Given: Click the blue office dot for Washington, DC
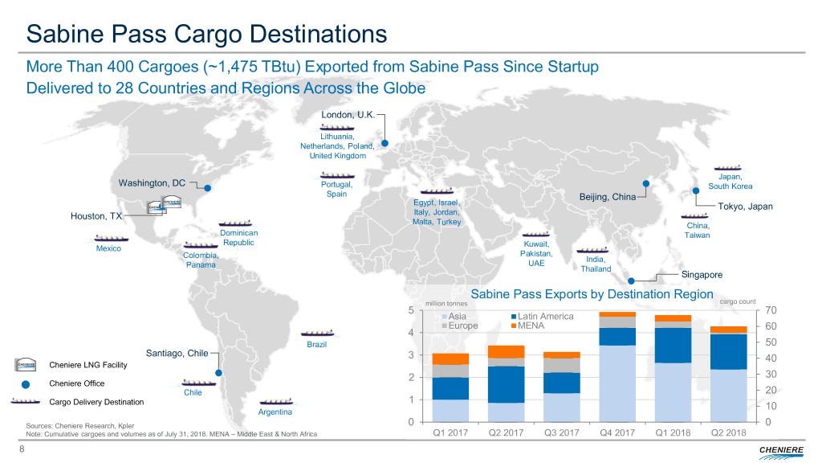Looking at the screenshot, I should coord(207,189).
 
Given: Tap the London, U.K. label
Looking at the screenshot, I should coord(347,114).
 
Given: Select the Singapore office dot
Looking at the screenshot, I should coord(632,281).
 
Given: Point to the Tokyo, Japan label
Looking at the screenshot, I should coord(745,207).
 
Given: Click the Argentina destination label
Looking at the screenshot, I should coord(275,412).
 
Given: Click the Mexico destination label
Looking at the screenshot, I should coord(108,248).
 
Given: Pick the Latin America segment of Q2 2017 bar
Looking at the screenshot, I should coord(507,383).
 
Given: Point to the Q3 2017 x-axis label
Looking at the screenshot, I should coord(561,435).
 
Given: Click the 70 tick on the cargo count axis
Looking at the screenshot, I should coord(772,310).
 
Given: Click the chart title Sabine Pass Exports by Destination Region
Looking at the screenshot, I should coord(592,294).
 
